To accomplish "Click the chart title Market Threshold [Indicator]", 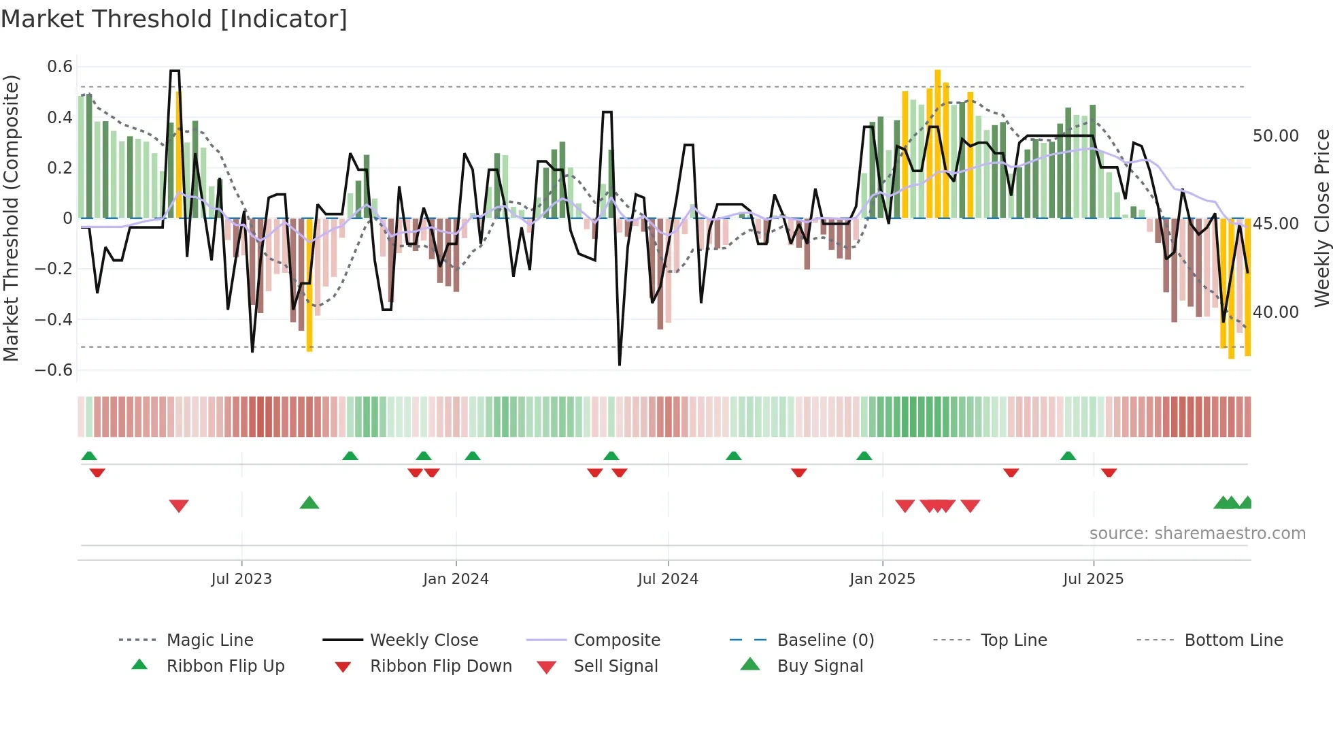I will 174,19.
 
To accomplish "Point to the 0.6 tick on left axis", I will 60,67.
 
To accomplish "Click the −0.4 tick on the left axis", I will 54,319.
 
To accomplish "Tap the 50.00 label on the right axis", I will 1275,136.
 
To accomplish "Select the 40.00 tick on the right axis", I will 1275,312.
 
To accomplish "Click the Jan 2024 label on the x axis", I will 456,579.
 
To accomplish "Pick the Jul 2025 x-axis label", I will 1093,579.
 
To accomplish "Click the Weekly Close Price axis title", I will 1321,218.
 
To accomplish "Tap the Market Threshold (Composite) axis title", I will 11,218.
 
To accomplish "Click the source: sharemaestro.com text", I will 1197,534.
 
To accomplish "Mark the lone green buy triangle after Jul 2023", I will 309,503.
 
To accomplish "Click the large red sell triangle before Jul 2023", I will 179,506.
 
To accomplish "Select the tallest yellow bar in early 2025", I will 937,143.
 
